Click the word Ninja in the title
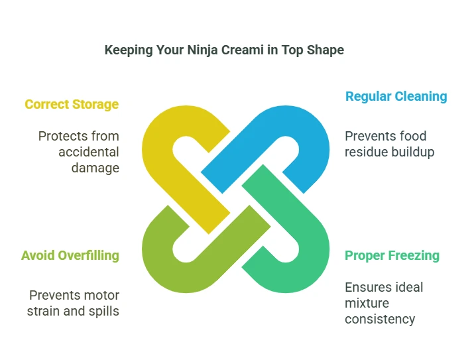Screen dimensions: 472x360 point(202,50)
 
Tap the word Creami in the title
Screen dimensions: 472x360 point(243,50)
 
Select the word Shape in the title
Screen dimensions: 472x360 point(325,50)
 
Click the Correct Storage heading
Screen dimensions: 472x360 point(72,105)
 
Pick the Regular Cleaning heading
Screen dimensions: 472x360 point(396,97)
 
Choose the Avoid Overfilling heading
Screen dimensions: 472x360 point(70,255)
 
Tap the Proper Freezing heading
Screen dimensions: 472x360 point(392,256)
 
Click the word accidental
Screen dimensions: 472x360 point(89,152)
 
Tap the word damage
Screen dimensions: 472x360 point(95,168)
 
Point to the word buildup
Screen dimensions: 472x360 point(410,152)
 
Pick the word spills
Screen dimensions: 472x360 point(104,312)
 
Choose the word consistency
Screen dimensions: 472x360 point(380,320)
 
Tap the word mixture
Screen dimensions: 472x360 point(367,303)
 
